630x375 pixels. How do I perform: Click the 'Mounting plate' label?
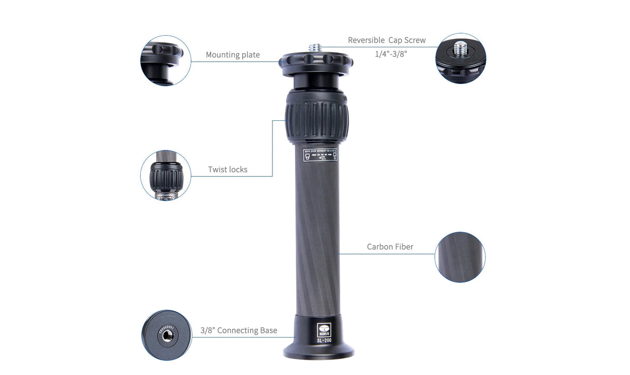point(232,55)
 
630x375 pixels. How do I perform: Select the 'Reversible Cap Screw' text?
point(387,40)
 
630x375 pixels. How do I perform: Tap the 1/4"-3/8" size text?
point(391,54)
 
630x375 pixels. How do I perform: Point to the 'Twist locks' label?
point(228,170)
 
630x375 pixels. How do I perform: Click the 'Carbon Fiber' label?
point(390,247)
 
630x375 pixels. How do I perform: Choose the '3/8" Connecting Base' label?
point(239,330)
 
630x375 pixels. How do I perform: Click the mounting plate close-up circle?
point(166,61)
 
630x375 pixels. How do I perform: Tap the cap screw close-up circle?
point(460,58)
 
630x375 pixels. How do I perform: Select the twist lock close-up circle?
point(166,175)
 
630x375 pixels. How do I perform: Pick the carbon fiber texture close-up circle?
point(460,257)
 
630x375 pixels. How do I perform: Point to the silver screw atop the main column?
point(316,47)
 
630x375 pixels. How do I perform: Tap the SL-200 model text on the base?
point(324,341)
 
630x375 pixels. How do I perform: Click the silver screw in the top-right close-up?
point(460,49)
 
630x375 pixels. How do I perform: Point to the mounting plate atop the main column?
point(316,61)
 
